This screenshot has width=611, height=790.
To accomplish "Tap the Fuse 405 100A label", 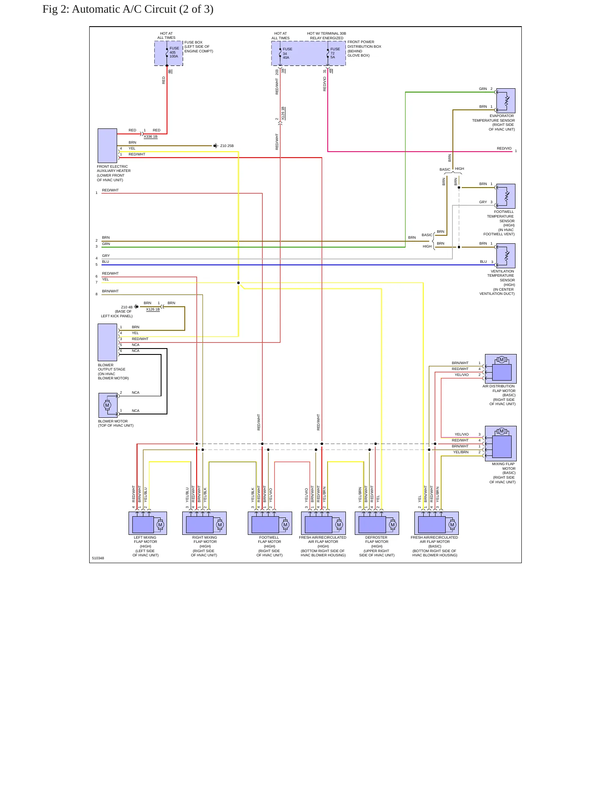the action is click(174, 52).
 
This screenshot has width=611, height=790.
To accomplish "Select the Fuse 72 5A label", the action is click(335, 53).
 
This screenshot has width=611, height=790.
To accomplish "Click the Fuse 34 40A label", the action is click(287, 53).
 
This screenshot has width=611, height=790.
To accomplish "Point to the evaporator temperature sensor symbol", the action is click(506, 101).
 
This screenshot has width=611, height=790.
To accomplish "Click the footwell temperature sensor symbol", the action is click(506, 196).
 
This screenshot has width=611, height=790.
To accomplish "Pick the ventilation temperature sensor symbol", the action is click(506, 256).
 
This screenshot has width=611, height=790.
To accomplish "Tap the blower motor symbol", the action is click(108, 405).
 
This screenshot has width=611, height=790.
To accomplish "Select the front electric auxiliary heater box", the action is click(107, 146).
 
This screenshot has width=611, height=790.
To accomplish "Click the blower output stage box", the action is click(107, 342).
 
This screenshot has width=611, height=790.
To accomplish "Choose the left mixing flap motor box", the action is click(148, 523).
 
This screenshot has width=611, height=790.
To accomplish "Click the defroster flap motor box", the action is click(377, 523).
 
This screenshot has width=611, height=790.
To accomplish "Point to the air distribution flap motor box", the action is click(501, 369).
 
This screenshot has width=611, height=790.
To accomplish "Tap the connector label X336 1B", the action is click(151, 136).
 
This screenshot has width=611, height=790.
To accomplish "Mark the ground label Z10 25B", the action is click(227, 146).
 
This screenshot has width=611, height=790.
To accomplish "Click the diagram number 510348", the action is click(98, 558).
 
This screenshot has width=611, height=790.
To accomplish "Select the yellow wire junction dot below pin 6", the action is click(238, 283).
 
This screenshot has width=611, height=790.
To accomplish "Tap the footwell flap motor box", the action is click(270, 523).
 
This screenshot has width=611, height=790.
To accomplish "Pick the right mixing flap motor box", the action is click(204, 523).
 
